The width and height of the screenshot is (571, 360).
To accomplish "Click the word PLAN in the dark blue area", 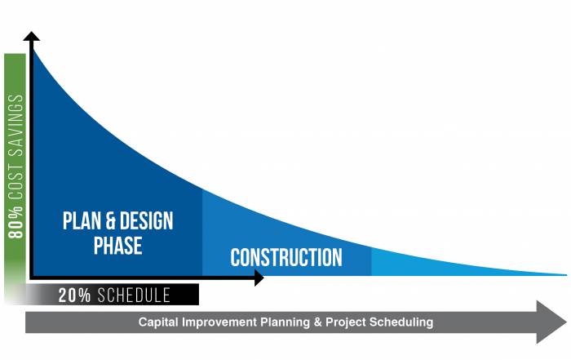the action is coord(82,220).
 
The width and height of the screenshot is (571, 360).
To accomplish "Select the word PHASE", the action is coord(117,245).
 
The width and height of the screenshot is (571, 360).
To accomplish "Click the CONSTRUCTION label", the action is coord(286,258).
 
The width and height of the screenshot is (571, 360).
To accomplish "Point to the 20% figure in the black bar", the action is coord(74,296).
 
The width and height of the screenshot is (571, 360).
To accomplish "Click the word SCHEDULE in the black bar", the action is coord(134,296).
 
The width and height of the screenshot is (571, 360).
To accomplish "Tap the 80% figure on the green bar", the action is coord(15,222).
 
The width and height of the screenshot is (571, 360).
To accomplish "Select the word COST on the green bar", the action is coord(15,181).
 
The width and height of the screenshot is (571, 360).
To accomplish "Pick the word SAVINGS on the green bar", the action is coord(15,125).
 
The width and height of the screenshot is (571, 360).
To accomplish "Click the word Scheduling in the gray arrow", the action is coord(401,322).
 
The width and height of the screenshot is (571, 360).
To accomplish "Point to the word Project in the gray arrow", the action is coord(345,322).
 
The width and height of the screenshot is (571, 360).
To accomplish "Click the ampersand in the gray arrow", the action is coord(317,322).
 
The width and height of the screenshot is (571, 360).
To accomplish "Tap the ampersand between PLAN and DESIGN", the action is coord(110,220).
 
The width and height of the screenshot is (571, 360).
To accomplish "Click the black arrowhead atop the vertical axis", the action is coord(32,36).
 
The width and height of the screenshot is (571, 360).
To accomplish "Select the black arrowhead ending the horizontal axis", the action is coord(259,278).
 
